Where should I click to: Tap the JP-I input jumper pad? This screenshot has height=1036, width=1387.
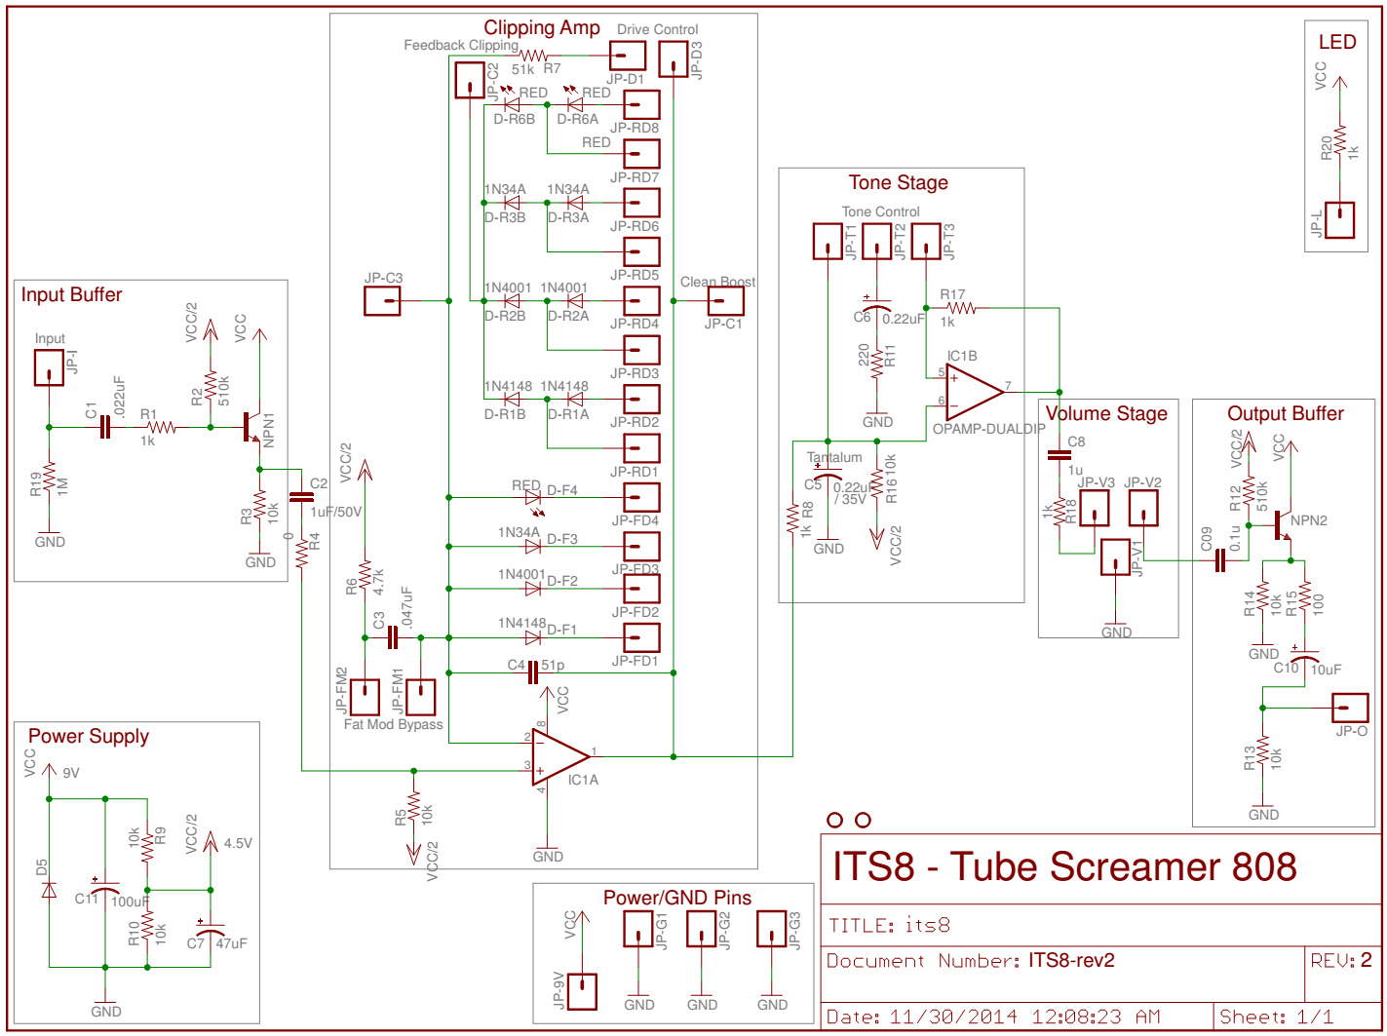pyautogui.click(x=49, y=369)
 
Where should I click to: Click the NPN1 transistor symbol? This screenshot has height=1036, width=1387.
pyautogui.click(x=252, y=427)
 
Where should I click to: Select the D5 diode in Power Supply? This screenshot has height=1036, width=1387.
pyautogui.click(x=49, y=891)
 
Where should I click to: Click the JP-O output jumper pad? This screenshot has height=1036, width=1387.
pyautogui.click(x=1351, y=709)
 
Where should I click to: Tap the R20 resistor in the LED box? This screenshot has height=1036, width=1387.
pyautogui.click(x=1340, y=141)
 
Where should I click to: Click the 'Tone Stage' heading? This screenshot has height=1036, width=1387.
pyautogui.click(x=898, y=183)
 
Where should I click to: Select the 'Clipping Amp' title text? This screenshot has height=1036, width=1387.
pyautogui.click(x=542, y=28)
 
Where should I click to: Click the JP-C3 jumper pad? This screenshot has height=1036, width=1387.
pyautogui.click(x=382, y=300)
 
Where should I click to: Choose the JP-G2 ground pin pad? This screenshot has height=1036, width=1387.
pyautogui.click(x=702, y=929)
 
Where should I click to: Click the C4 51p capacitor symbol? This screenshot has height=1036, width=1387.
pyautogui.click(x=532, y=672)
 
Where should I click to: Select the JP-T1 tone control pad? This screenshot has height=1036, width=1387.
pyautogui.click(x=828, y=241)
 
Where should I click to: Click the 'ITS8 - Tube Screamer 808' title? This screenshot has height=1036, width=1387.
pyautogui.click(x=1063, y=866)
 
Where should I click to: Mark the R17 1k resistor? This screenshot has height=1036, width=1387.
pyautogui.click(x=960, y=308)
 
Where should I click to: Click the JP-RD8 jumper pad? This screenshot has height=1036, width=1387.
pyautogui.click(x=641, y=104)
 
